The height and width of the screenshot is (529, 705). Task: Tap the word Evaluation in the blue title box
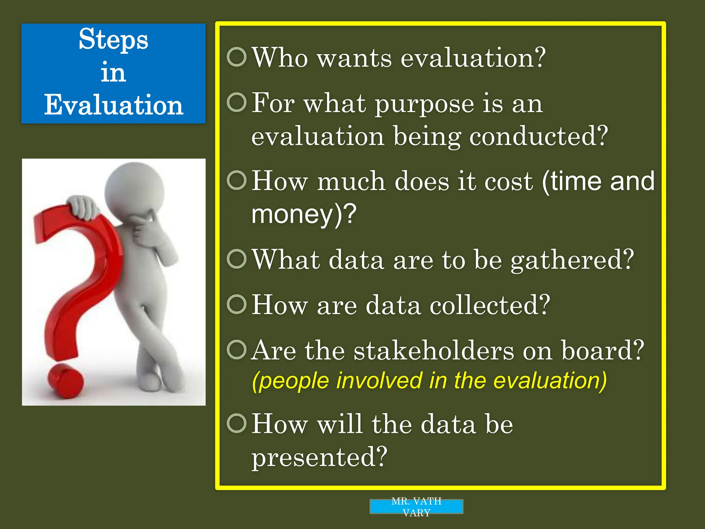coord(113,105)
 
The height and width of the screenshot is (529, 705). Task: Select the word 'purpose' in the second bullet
coord(424,104)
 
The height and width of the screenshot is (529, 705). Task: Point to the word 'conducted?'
coord(538,136)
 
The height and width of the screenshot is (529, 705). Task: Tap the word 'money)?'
coord(303,214)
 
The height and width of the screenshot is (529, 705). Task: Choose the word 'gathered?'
coord(572,260)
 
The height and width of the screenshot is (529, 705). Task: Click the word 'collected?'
coord(490,305)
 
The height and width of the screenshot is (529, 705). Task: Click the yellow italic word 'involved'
coord(379,381)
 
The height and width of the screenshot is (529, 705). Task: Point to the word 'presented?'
coord(319,457)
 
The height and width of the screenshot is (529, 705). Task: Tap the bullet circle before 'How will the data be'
coord(237,423)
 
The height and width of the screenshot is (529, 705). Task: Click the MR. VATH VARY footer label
coord(416,507)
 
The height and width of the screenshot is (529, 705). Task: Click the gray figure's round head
coord(135,191)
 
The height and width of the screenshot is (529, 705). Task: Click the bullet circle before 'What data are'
coord(237,259)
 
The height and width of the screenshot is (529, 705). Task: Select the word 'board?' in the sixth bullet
coord(602,351)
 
